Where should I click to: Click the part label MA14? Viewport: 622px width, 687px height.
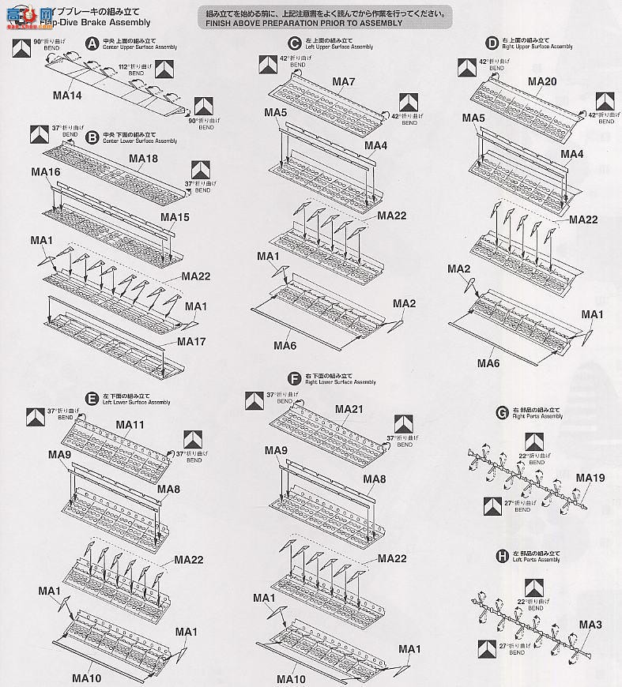pos(67,96)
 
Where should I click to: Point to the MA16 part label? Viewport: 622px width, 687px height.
pos(46,171)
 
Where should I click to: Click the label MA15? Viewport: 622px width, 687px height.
pos(175,216)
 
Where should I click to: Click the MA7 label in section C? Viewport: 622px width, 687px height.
pos(344,82)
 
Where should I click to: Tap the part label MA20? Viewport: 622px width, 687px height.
pos(542,82)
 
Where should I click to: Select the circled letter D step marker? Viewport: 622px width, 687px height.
pos(493,43)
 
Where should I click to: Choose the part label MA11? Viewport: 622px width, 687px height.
pos(130,425)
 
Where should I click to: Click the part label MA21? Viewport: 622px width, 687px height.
pos(349,408)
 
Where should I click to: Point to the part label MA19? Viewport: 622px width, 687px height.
pos(590,478)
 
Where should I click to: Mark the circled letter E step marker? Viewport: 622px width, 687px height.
pos(92,398)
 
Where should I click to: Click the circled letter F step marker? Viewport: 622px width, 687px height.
pos(295,378)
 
